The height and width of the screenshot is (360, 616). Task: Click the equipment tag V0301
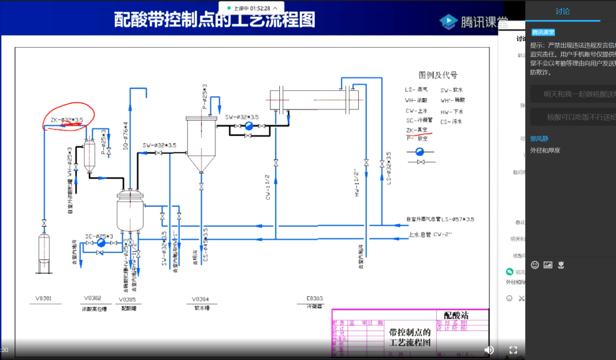coord(43,299)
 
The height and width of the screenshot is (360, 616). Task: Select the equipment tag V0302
coord(93,298)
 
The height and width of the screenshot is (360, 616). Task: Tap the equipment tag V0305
coord(128,299)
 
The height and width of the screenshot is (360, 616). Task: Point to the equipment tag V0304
coord(201,299)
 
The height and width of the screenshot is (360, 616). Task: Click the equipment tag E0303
coord(314,299)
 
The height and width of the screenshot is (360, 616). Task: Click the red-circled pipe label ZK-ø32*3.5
coord(67,120)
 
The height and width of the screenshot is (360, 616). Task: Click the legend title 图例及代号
coord(438,75)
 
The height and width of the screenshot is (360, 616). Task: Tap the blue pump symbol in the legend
coord(420,151)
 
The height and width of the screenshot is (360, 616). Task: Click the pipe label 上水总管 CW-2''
coord(430,234)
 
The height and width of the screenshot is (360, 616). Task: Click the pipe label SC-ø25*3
coord(99,235)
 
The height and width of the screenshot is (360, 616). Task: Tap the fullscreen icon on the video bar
coord(513,349)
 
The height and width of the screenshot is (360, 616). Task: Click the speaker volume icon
coord(489,349)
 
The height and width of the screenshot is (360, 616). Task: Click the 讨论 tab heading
coord(562,11)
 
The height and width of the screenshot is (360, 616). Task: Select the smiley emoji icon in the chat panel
coord(535,265)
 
